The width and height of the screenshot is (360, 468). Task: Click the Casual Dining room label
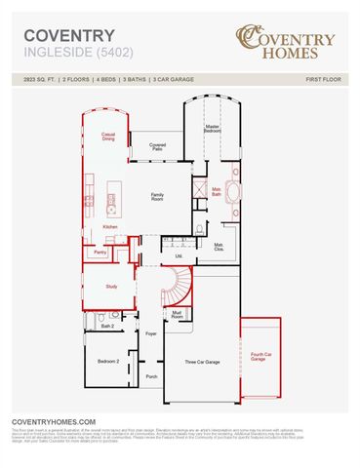(108, 137)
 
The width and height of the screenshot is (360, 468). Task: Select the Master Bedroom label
(212, 128)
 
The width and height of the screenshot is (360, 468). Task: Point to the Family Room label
(156, 196)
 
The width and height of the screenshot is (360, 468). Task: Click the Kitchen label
(110, 227)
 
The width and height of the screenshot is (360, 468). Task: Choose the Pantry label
(100, 252)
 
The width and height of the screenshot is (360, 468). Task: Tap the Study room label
(111, 287)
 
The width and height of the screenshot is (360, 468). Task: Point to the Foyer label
(151, 333)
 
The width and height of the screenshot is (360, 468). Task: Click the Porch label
(151, 375)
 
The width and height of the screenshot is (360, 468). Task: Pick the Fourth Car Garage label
(258, 357)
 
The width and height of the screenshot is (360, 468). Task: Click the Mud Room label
(178, 315)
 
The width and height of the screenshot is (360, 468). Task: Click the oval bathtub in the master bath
(234, 189)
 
